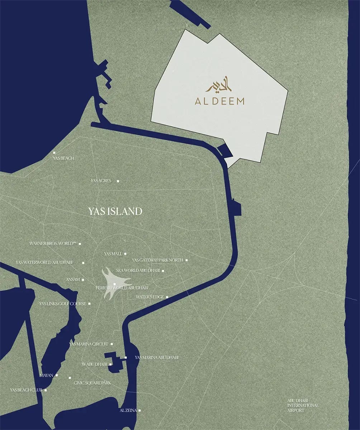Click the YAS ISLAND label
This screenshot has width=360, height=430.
pyautogui.click(x=115, y=211)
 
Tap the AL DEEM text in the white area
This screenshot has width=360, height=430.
pyautogui.click(x=219, y=101)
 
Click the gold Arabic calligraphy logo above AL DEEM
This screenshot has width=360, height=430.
pyautogui.click(x=219, y=86)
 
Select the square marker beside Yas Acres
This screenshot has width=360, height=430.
pyautogui.click(x=118, y=181)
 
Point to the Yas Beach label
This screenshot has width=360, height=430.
pyautogui.click(x=63, y=158)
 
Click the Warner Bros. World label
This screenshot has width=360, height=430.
pyautogui.click(x=53, y=244)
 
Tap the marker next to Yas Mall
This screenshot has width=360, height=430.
pyautogui.click(x=125, y=254)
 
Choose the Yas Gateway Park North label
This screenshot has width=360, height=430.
pyautogui.click(x=157, y=260)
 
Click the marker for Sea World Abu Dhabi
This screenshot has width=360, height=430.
pyautogui.click(x=163, y=271)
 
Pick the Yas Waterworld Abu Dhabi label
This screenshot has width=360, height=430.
pyautogui.click(x=44, y=263)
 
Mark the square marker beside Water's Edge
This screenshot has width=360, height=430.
pyautogui.click(x=167, y=297)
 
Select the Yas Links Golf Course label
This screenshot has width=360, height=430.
pyautogui.click(x=63, y=304)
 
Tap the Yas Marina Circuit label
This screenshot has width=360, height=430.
pyautogui.click(x=88, y=344)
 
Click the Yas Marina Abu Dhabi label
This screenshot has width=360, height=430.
pyautogui.click(x=157, y=358)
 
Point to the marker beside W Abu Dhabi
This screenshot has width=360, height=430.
pyautogui.click(x=110, y=364)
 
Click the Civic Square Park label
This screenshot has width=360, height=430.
pyautogui.click(x=92, y=383)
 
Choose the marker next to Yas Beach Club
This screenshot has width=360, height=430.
pyautogui.click(x=46, y=390)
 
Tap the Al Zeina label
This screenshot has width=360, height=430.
pyautogui.click(x=128, y=410)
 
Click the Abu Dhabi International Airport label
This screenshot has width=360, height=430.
pyautogui.click(x=303, y=405)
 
